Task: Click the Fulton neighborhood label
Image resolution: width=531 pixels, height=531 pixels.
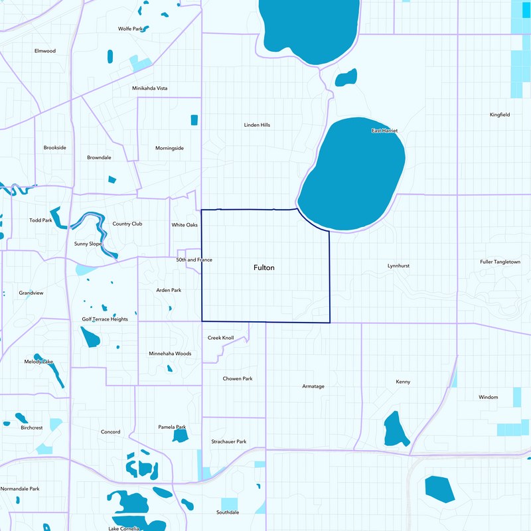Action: tap(264, 267)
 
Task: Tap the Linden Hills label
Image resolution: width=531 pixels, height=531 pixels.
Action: tap(257, 125)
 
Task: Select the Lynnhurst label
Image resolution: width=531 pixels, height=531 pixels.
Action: tap(398, 265)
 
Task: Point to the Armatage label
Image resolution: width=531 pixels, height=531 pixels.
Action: tap(313, 386)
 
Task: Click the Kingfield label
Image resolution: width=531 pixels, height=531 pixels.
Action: tap(500, 115)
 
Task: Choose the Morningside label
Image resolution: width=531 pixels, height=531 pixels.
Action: tap(169, 148)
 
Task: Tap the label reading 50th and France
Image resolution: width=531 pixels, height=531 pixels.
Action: tap(194, 260)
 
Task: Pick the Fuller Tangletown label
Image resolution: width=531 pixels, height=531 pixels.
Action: tap(500, 262)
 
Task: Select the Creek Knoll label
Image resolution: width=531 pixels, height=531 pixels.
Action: tap(221, 338)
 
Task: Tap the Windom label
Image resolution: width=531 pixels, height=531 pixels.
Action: tap(488, 398)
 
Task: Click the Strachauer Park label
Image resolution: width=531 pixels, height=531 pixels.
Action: tap(229, 441)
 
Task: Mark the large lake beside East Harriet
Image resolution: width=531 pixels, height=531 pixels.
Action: tap(352, 176)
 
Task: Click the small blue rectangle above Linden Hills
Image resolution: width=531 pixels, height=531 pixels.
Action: tap(194, 120)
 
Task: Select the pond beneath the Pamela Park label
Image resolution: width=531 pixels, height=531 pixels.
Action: tap(180, 436)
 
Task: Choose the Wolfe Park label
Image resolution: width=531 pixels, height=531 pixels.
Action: tap(131, 29)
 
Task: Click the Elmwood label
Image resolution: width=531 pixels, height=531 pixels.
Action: tap(45, 50)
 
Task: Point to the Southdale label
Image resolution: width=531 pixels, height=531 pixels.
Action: tap(228, 512)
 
